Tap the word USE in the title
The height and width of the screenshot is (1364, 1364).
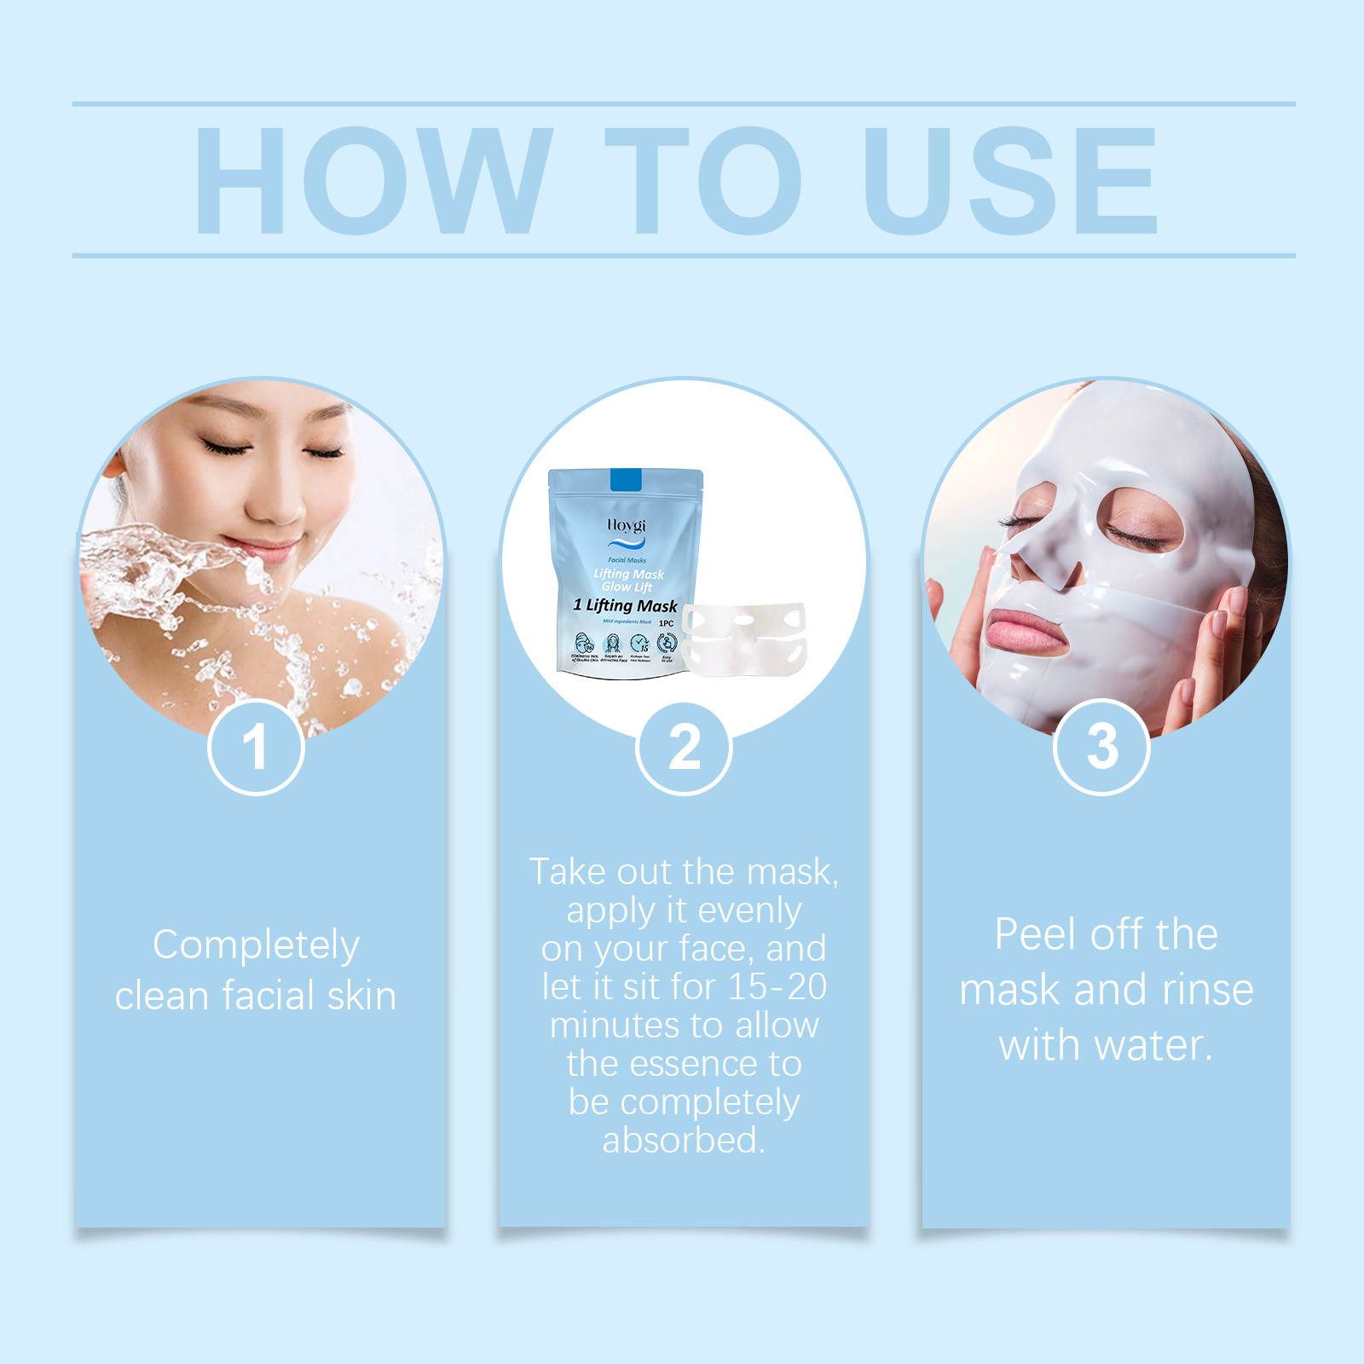(x=1010, y=181)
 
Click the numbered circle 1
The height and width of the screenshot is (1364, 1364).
(x=256, y=747)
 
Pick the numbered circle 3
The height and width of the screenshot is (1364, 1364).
(x=1101, y=747)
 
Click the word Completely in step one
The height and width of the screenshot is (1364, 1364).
(x=256, y=945)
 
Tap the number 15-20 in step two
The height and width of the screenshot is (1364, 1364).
(x=777, y=986)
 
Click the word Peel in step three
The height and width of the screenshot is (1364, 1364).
(x=1034, y=934)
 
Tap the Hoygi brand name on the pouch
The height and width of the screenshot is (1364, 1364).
(x=627, y=525)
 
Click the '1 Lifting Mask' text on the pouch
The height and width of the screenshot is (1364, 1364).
(x=626, y=606)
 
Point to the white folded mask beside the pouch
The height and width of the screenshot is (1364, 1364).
(x=743, y=639)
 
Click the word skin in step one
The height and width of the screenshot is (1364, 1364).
(x=361, y=996)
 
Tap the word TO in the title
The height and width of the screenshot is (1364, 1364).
(x=703, y=181)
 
